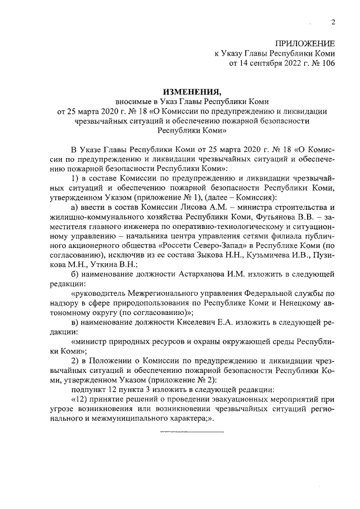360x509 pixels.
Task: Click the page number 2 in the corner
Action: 333,22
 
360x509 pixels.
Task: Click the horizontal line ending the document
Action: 192,432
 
